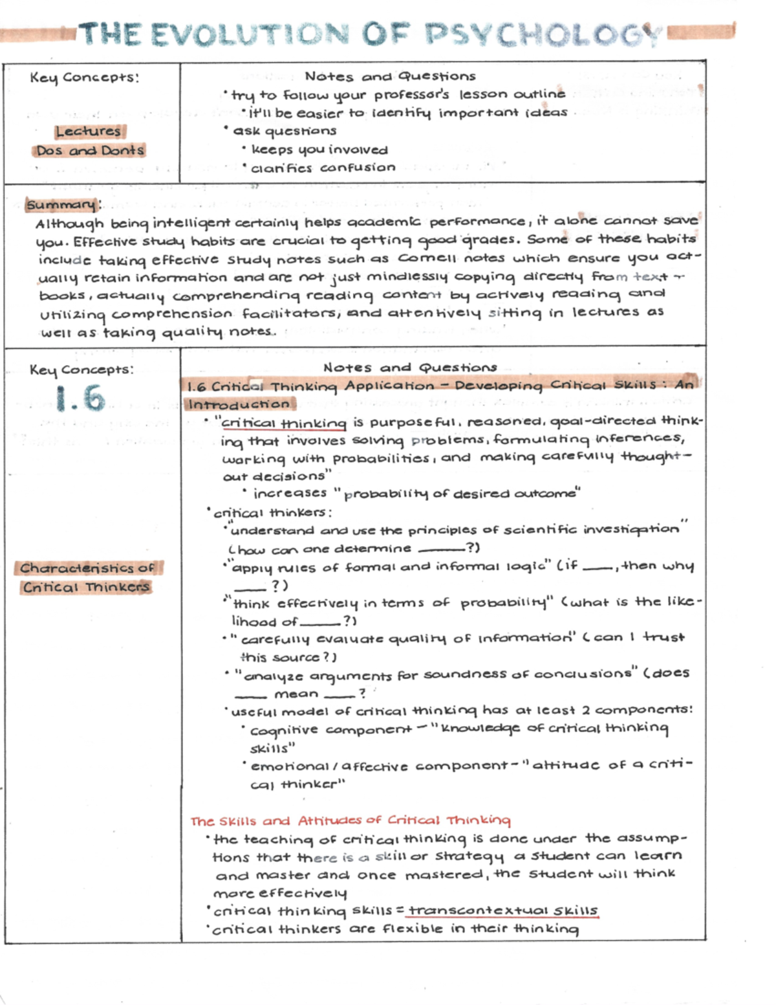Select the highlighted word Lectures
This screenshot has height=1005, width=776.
89,131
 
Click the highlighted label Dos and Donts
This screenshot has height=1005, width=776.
90,151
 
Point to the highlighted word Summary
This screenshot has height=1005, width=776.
61,205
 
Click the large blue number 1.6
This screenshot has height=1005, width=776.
80,399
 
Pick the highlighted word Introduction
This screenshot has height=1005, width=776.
239,404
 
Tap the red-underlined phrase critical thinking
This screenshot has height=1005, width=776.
284,423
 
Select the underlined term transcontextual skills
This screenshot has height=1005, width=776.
503,911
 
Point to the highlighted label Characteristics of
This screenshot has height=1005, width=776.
87,568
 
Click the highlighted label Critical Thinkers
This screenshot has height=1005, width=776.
86,588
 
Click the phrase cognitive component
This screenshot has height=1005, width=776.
330,730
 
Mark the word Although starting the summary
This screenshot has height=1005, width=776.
69,224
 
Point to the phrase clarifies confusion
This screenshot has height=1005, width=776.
323,168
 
